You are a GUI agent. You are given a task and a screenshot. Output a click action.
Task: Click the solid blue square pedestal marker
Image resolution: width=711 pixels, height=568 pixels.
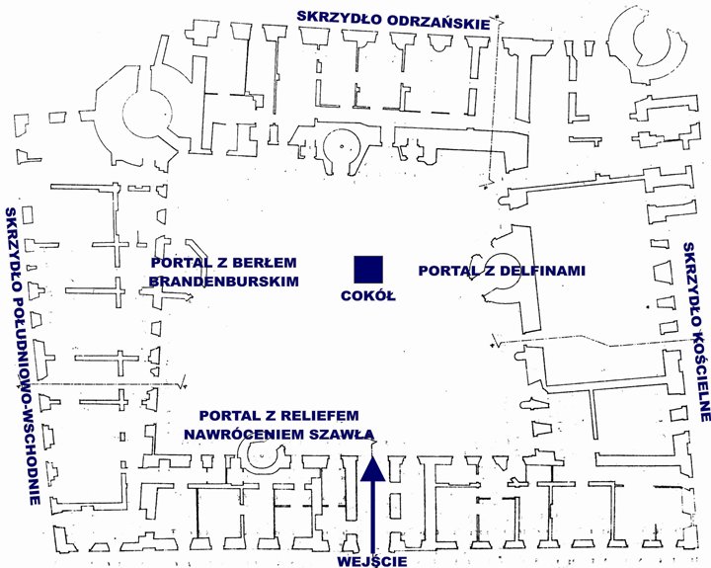coord(368,270)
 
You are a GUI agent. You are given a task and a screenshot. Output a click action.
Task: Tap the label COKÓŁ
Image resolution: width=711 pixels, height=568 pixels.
coord(368,295)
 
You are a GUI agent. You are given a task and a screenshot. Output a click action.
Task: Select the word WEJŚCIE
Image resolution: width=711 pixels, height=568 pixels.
coord(372,561)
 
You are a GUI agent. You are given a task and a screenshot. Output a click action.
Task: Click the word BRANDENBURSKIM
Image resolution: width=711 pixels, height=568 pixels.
coord(224,282)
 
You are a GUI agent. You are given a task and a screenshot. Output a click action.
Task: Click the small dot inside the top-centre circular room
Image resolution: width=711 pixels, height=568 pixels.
coord(343,145)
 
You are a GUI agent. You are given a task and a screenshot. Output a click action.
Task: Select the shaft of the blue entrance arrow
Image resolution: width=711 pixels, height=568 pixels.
coord(372,518)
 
